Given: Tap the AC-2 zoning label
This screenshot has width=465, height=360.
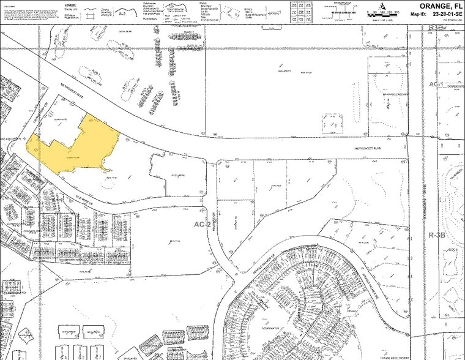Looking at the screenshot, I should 202,225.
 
